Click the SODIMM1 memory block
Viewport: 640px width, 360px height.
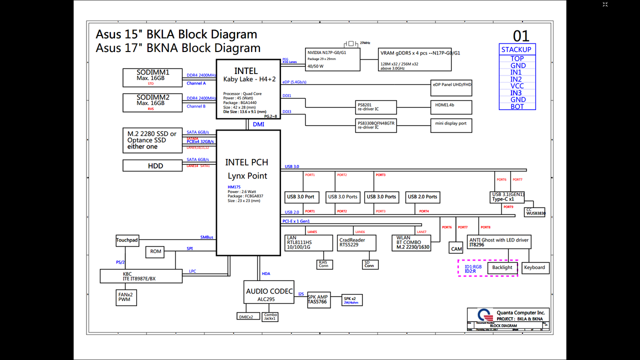(x=153, y=77)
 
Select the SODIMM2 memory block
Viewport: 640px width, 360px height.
(x=153, y=102)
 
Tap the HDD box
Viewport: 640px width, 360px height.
(x=155, y=165)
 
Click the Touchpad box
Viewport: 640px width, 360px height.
(x=127, y=240)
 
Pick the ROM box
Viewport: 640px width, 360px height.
(x=156, y=251)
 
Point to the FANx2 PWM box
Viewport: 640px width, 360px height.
(x=124, y=297)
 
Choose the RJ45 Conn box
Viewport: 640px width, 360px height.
(x=323, y=264)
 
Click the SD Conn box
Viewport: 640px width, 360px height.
(x=369, y=264)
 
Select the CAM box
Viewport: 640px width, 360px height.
(x=456, y=248)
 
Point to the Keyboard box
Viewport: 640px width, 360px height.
(x=534, y=267)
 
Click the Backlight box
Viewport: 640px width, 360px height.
(x=502, y=267)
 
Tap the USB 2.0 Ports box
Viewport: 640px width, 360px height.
(x=422, y=197)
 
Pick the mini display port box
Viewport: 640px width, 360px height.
(x=451, y=125)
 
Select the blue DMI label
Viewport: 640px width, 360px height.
(x=258, y=124)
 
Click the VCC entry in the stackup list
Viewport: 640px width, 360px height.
(x=517, y=86)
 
